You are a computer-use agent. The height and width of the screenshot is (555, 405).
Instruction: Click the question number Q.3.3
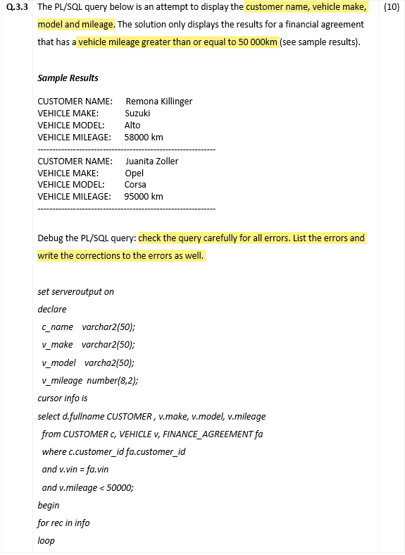(19, 7)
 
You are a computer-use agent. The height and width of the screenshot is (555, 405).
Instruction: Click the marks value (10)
(391, 7)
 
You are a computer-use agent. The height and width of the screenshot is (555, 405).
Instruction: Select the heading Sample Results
(68, 78)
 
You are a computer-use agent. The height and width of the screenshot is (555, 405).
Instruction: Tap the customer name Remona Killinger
(158, 101)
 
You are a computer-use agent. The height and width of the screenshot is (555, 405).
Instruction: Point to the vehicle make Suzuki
(137, 113)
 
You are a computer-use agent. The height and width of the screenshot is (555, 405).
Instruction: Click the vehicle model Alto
(132, 125)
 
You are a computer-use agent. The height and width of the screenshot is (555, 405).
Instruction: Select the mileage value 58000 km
(144, 137)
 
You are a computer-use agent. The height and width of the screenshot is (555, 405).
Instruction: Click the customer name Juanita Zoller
(151, 161)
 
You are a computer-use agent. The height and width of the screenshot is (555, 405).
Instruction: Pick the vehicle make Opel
(134, 173)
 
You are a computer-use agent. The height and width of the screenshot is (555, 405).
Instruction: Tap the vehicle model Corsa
(135, 184)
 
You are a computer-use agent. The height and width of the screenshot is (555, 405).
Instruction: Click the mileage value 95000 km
(144, 196)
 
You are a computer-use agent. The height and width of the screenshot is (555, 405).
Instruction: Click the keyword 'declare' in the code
(52, 309)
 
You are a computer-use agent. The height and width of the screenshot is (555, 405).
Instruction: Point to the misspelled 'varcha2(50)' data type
(108, 362)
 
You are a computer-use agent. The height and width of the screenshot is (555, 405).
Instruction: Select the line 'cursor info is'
(62, 398)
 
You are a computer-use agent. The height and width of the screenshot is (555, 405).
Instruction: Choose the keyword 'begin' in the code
(49, 505)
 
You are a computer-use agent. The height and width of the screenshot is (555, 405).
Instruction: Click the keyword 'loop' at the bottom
(46, 540)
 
